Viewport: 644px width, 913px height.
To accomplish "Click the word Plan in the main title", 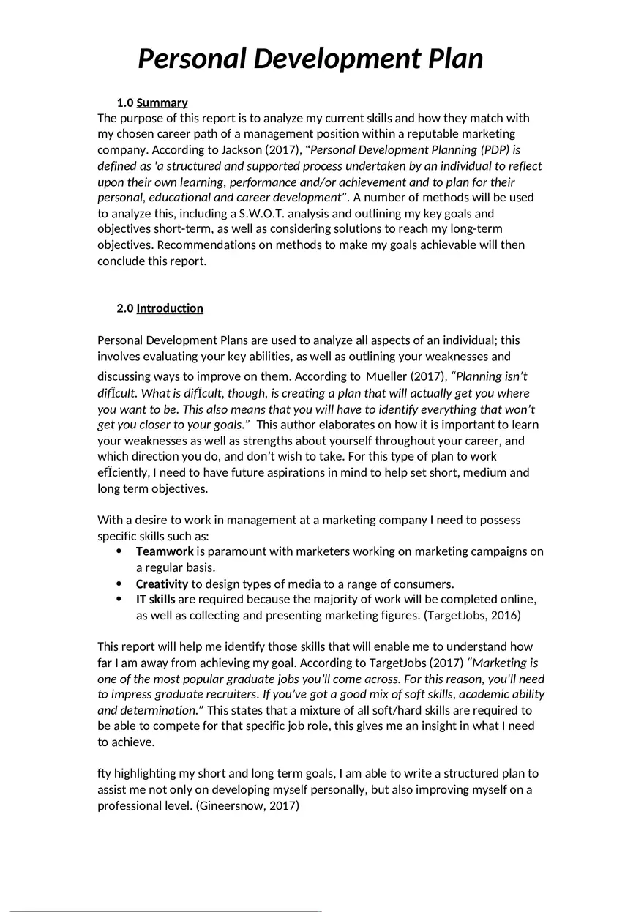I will (447, 59).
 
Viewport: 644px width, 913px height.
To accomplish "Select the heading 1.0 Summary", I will (152, 103).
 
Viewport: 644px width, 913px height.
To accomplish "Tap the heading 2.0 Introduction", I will (160, 308).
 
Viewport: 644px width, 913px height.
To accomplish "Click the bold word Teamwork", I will (165, 551).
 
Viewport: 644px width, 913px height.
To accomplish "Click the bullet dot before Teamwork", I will (119, 551).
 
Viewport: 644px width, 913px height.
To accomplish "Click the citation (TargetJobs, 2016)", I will (472, 616).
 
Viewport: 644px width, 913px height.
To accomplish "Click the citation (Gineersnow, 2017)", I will (248, 806).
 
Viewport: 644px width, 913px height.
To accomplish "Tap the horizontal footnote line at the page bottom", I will (165, 911).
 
